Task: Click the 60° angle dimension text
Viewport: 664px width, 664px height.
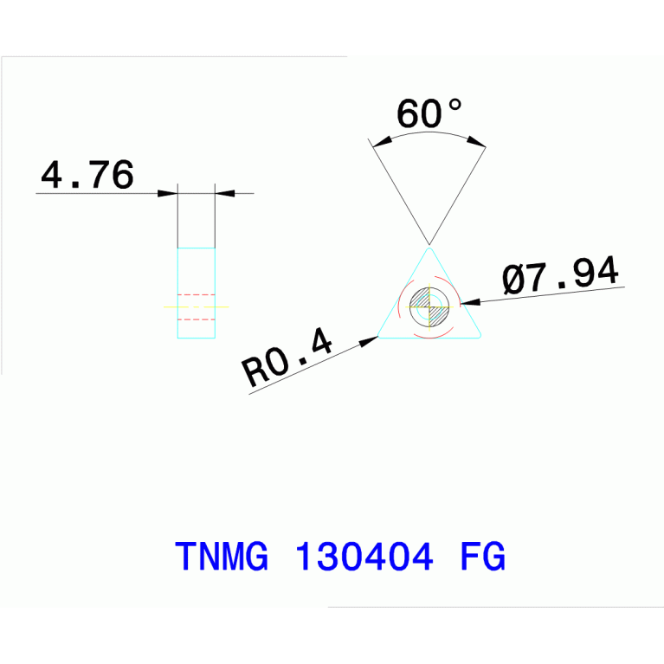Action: pos(429,113)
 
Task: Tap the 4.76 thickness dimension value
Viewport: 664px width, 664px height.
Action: pos(87,175)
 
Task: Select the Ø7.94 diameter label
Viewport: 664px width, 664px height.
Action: pos(561,274)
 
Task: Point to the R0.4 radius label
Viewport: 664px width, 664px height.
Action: pos(287,358)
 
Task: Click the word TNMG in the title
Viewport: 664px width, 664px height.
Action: pos(222,556)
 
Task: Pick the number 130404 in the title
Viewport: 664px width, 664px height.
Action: pos(364,556)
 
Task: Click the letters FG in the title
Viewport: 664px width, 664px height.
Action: pos(483,556)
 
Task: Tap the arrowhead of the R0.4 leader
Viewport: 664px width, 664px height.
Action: pos(369,341)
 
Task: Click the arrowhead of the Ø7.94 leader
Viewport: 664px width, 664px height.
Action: pos(470,302)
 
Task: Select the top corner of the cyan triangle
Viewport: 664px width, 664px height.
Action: pos(429,248)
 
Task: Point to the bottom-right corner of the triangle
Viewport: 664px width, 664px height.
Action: pos(479,336)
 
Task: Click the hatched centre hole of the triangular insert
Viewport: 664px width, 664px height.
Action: pos(429,306)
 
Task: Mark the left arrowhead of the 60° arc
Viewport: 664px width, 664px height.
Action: pos(382,142)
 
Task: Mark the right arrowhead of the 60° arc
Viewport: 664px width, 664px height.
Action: pos(476,141)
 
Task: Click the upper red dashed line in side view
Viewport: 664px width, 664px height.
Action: pos(196,294)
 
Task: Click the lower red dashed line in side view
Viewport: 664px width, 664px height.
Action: pos(196,319)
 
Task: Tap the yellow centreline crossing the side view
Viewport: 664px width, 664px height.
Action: pos(196,306)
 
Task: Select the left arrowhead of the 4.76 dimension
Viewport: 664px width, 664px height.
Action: pos(167,194)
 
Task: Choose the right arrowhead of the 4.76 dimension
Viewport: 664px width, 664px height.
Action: pos(225,194)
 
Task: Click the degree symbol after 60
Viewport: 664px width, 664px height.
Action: pos(455,105)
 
